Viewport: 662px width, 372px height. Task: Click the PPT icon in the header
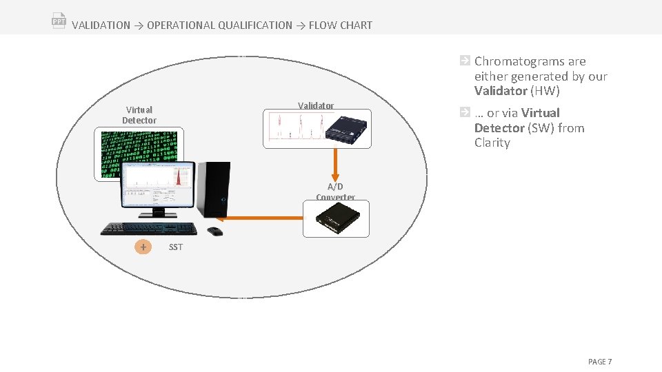tap(59, 20)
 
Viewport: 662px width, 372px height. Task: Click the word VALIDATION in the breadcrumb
tap(101, 25)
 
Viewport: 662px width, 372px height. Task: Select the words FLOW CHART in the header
tap(340, 25)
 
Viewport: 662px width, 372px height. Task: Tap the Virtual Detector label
tap(139, 115)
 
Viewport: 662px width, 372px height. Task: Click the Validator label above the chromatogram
tap(316, 105)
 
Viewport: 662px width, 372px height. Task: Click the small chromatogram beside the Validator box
tap(292, 128)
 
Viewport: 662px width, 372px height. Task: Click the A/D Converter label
tap(335, 192)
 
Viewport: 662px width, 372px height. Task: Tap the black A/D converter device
tap(336, 218)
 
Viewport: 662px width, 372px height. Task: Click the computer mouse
tap(214, 231)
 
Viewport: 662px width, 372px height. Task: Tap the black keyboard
tap(149, 229)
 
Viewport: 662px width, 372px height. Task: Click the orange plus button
tap(143, 247)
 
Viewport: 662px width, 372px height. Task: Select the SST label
tap(176, 247)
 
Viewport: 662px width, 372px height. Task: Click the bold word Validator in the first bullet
tap(500, 91)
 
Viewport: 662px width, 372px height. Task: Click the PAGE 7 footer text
tap(599, 362)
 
